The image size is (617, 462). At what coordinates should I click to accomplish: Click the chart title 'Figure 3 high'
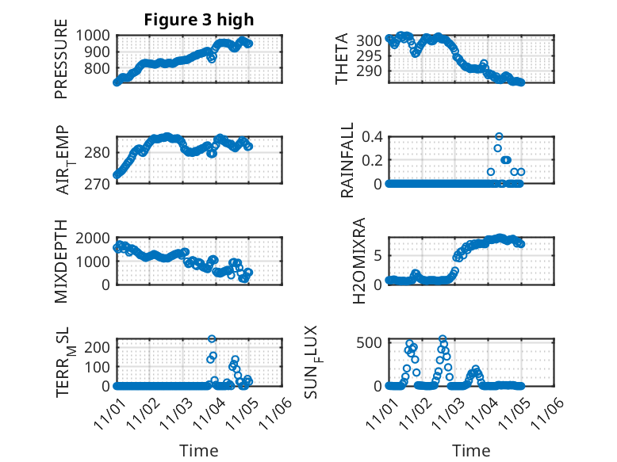(199, 21)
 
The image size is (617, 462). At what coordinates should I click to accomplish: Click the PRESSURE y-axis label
(62, 66)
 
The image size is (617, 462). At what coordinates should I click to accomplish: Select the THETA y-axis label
(342, 60)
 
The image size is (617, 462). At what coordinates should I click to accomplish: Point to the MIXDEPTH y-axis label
(62, 262)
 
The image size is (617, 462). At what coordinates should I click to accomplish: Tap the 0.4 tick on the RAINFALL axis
(372, 136)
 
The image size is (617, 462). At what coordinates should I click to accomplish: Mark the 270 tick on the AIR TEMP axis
(102, 185)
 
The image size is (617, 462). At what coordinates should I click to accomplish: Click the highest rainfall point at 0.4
(499, 136)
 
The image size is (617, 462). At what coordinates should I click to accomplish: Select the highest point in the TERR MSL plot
(212, 339)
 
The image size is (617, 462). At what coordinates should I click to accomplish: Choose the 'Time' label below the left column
(199, 450)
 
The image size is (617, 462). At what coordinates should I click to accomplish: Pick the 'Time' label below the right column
(471, 450)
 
